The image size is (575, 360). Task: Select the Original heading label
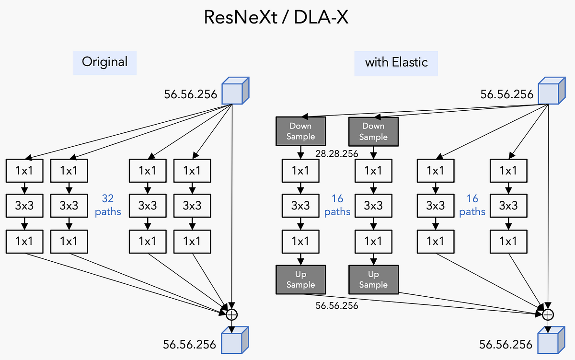[104, 62]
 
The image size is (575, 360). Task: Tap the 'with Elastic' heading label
[396, 63]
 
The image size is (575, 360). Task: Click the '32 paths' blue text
[108, 205]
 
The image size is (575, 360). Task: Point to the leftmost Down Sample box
[300, 131]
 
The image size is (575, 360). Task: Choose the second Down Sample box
[373, 131]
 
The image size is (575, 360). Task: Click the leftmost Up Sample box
[300, 279]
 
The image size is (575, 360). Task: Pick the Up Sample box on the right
[373, 279]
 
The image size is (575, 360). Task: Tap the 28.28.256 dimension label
[337, 153]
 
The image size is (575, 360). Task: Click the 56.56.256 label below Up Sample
[337, 305]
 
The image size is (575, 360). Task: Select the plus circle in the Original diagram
[231, 314]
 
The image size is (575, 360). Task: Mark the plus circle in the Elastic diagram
[548, 314]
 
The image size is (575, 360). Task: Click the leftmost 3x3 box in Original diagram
[24, 206]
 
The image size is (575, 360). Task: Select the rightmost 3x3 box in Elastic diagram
[508, 206]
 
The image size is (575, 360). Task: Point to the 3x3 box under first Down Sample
[300, 206]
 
